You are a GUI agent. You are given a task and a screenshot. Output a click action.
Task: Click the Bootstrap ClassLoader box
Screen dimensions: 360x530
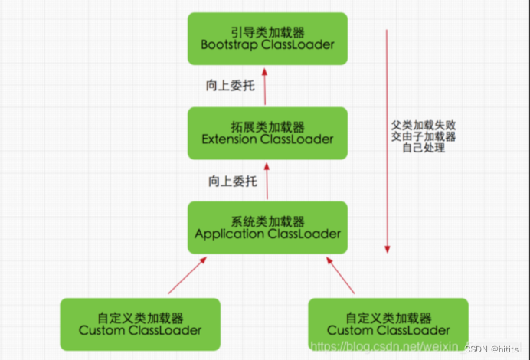coord(267,38)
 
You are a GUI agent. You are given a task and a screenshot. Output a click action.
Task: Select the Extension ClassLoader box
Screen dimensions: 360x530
coord(267,133)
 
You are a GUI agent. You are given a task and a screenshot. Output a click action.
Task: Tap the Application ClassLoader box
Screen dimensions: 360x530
coord(267,227)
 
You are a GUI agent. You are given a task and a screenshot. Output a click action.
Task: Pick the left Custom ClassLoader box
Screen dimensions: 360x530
coord(140,324)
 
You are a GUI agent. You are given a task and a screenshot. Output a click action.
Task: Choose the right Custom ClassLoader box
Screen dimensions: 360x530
coord(388,324)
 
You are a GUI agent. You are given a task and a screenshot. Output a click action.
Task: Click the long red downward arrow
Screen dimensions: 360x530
coord(388,142)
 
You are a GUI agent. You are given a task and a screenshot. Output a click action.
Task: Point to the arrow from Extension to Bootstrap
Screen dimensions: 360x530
coord(264,85)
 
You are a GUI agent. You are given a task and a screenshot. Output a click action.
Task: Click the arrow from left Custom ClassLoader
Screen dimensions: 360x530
coord(188,275)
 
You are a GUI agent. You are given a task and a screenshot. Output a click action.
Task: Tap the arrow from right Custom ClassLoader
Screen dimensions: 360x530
coord(341,275)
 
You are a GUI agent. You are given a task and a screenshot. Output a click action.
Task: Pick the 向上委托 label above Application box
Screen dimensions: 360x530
coord(231,182)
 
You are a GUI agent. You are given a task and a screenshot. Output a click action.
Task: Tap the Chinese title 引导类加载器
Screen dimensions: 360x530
coord(267,31)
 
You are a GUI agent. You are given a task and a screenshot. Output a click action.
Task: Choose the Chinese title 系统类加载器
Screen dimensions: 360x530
coord(267,221)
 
